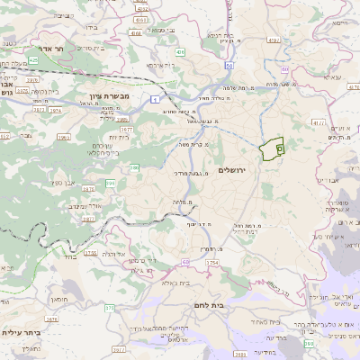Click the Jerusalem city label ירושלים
[232, 182]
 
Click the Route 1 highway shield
[154, 98]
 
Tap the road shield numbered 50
[229, 66]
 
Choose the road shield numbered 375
[110, 309]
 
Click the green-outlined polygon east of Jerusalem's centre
[271, 147]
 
